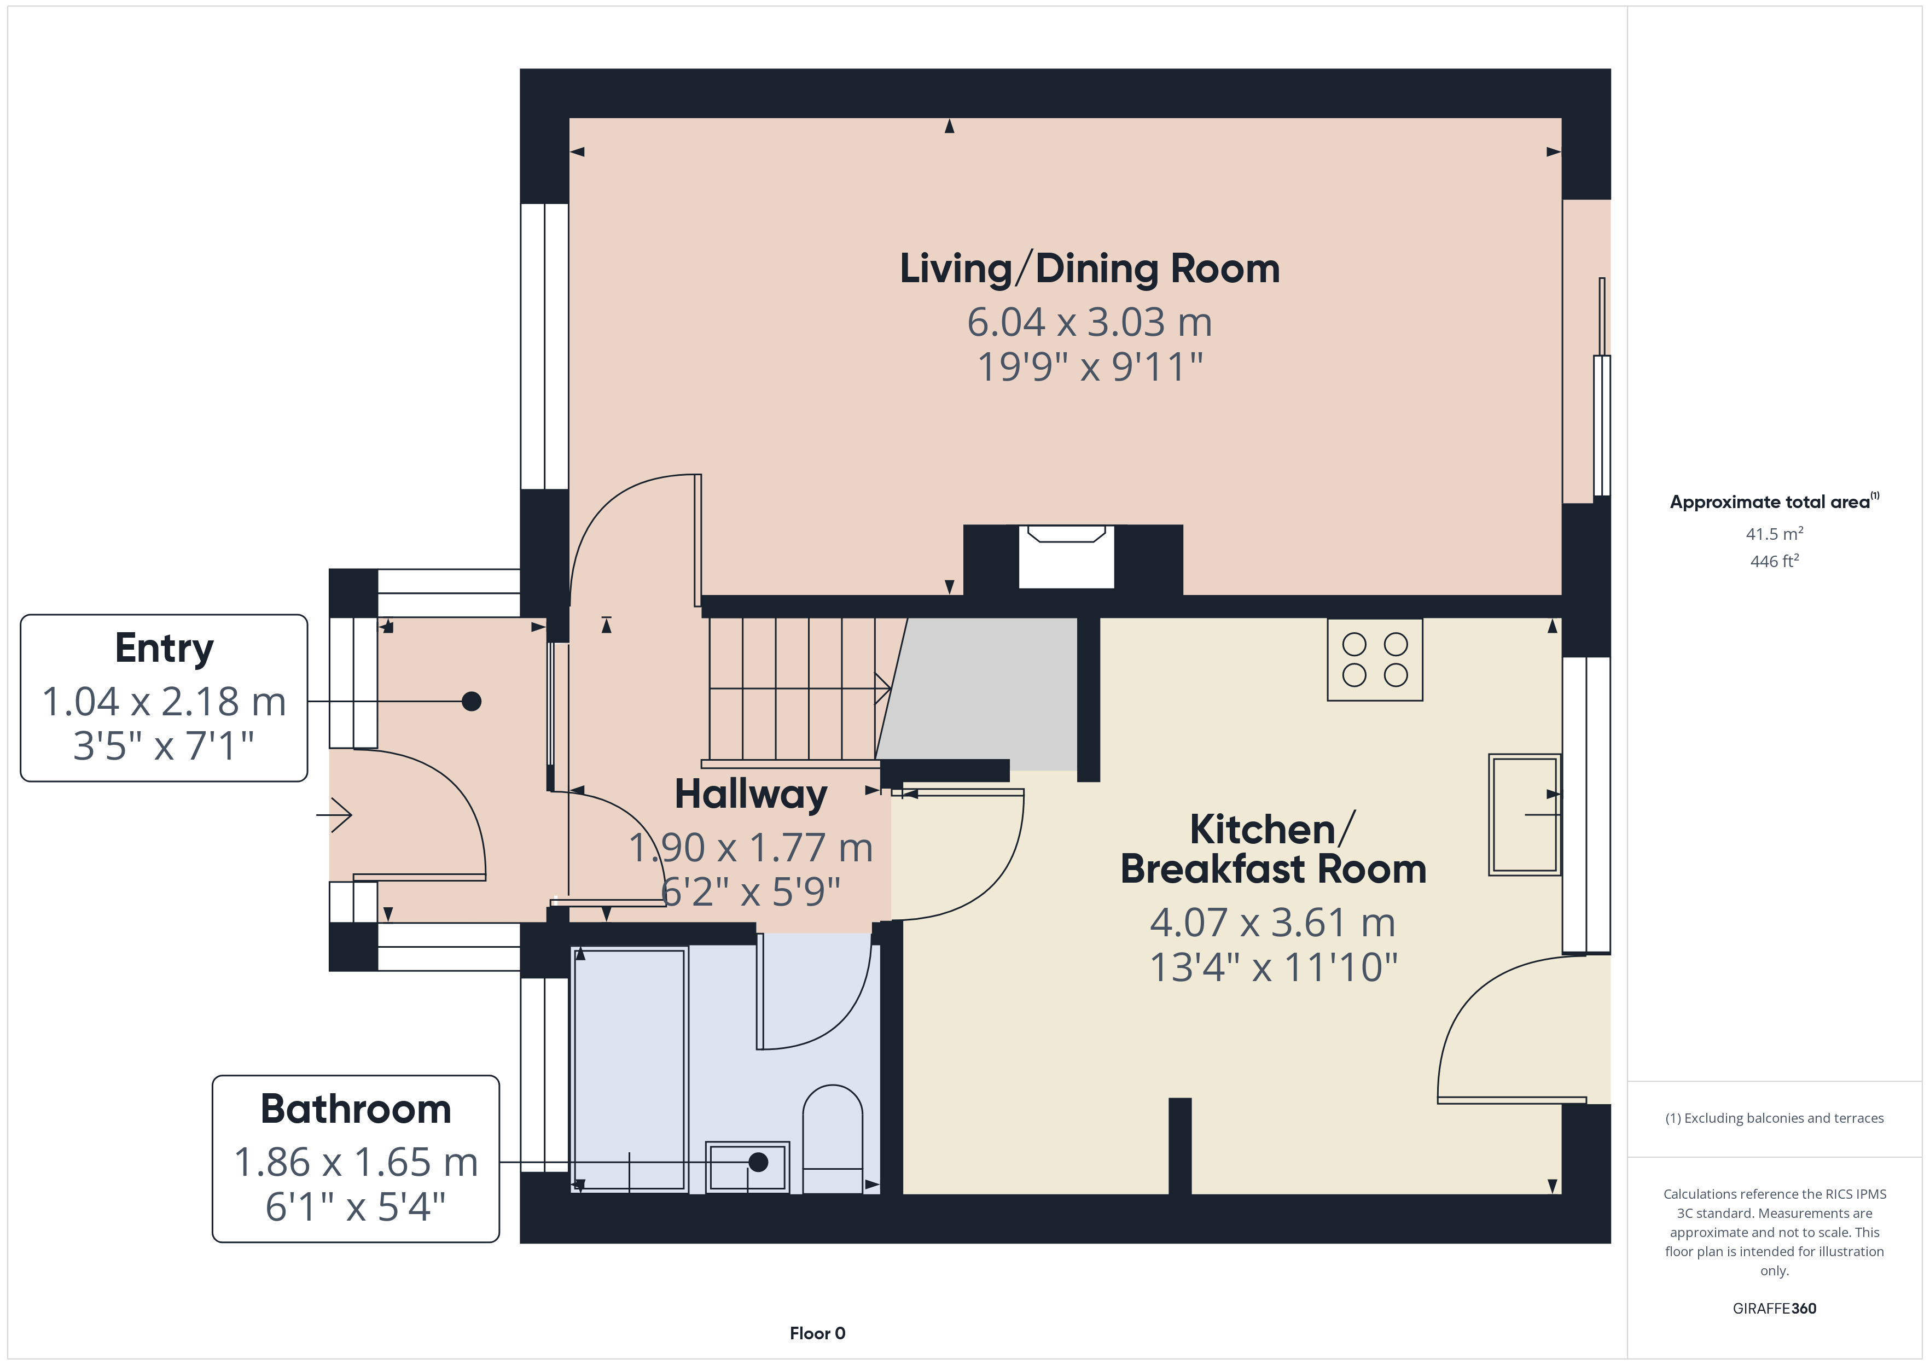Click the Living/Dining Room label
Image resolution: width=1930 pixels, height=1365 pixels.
click(1089, 269)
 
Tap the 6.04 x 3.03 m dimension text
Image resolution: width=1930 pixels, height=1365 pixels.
click(1089, 323)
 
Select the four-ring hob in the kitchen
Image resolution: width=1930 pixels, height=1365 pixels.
click(1374, 660)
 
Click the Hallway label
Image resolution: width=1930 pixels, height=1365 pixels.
click(751, 794)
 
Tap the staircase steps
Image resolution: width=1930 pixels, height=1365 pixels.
click(790, 689)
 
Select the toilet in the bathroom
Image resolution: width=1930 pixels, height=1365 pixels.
click(832, 1139)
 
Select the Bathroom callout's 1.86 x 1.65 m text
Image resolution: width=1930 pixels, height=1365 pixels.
click(356, 1163)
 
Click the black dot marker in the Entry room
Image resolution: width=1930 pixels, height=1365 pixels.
click(472, 701)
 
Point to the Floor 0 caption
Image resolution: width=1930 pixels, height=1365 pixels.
click(817, 1333)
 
